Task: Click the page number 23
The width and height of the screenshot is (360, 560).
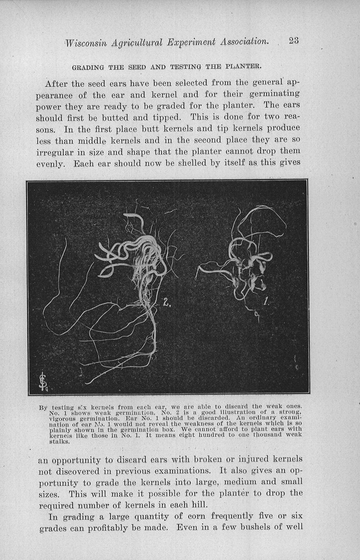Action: [x=294, y=41]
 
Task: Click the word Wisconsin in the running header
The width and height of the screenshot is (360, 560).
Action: [x=88, y=43]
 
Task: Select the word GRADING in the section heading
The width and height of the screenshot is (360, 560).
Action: [x=88, y=67]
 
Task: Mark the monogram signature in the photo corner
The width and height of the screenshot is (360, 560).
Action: [x=43, y=382]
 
